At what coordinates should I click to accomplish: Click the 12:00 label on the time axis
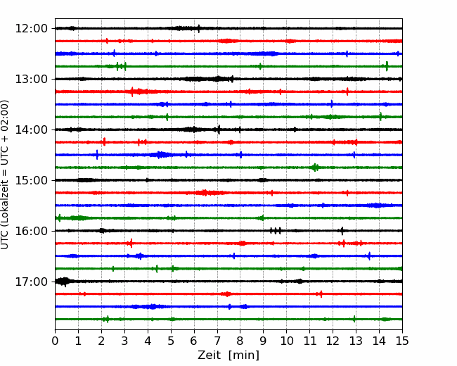31,29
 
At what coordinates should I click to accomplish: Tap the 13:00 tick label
31,79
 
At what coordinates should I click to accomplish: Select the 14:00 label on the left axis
31,130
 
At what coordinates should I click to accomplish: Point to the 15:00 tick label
31,180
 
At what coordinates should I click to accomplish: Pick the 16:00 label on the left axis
31,231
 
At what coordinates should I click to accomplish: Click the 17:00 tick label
31,282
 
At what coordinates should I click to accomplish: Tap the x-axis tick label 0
55,341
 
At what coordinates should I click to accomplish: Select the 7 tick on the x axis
217,341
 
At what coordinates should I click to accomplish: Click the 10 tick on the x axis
287,341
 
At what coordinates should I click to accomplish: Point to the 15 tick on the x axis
402,341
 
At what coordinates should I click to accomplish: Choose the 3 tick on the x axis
124,341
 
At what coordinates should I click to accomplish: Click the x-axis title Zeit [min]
228,355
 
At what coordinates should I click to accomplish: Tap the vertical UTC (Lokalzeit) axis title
4,175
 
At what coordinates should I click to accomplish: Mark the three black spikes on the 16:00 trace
276,231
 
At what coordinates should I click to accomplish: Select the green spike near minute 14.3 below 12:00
387,66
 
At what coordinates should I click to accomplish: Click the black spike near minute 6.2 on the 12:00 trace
199,29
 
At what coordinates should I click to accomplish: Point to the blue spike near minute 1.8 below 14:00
97,155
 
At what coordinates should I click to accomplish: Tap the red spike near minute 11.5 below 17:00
321,294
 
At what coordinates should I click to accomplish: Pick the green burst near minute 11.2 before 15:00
315,168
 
